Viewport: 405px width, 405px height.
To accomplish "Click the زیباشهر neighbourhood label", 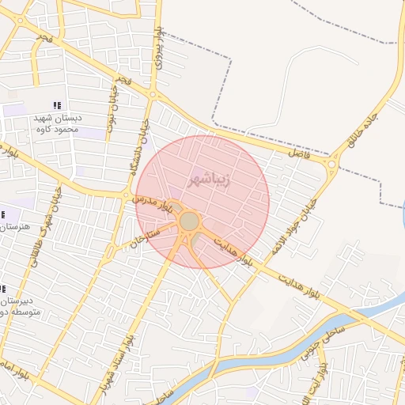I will click(x=209, y=180).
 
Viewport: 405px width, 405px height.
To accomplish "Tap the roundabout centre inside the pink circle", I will click(x=189, y=221).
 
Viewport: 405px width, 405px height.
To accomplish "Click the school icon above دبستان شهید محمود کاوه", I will click(x=56, y=105).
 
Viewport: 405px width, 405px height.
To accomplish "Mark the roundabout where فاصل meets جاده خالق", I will click(x=331, y=165).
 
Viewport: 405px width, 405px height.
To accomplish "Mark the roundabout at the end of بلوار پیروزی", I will click(x=152, y=95).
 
